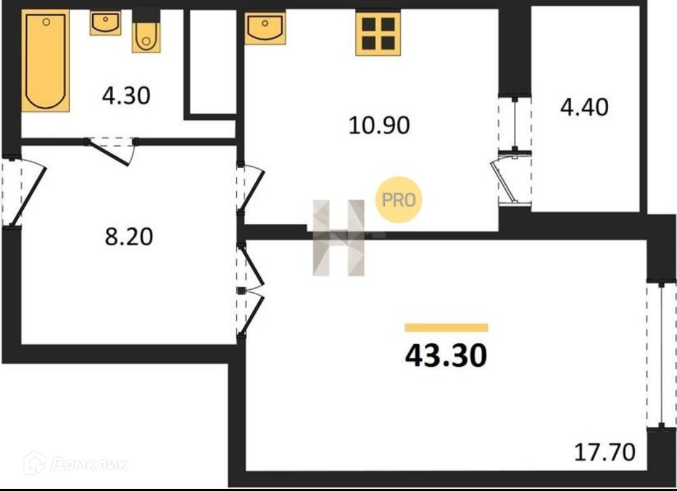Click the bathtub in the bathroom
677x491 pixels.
(x=45, y=61)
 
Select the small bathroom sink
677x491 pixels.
(x=105, y=23)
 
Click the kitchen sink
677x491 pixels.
(x=265, y=28)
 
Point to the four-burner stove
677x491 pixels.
(x=378, y=33)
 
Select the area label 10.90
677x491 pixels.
(x=379, y=125)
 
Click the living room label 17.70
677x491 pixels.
(x=605, y=451)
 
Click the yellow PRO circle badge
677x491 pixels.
(x=399, y=201)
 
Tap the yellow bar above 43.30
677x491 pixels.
(x=446, y=327)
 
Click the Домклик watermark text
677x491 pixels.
(x=88, y=464)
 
